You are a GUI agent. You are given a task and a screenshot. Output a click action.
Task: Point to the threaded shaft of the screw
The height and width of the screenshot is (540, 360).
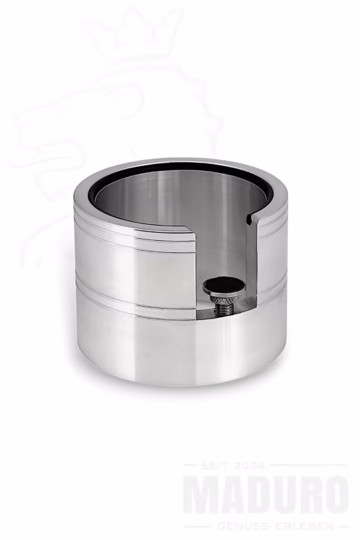(224, 305)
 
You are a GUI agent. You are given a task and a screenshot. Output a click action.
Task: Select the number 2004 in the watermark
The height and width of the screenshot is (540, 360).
(248, 466)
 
